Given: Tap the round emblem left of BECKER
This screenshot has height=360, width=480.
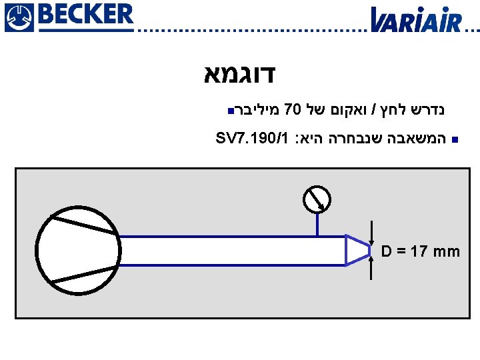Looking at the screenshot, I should click(x=17, y=16).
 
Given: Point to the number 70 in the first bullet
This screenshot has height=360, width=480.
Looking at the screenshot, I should click(x=294, y=108).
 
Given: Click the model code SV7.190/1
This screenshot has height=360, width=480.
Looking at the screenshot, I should click(x=253, y=139).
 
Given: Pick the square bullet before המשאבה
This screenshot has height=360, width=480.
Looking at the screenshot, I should click(x=453, y=140).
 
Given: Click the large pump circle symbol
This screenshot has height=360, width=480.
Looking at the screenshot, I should click(x=78, y=250).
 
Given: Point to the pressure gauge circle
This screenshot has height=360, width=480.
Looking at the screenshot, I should click(x=317, y=198).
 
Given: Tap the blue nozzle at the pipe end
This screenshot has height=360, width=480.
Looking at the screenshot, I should click(x=357, y=250).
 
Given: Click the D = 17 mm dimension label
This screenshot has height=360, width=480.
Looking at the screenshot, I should click(x=421, y=252).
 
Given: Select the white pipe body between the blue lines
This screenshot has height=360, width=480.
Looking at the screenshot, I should click(x=233, y=251).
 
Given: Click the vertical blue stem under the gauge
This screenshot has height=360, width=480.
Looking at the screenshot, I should click(x=317, y=224).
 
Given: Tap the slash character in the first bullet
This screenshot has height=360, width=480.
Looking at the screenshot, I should click(x=375, y=108).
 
